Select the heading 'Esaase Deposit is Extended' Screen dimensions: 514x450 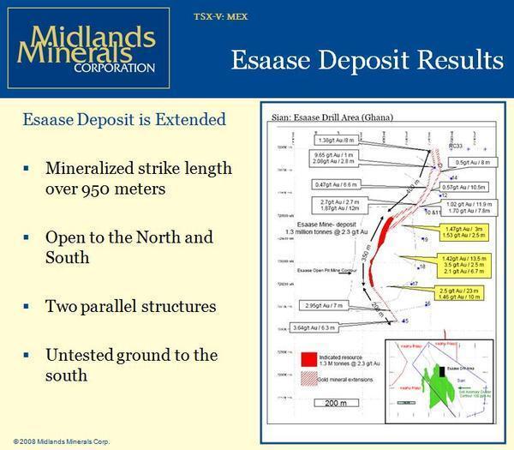pyautogui.click(x=125, y=119)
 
